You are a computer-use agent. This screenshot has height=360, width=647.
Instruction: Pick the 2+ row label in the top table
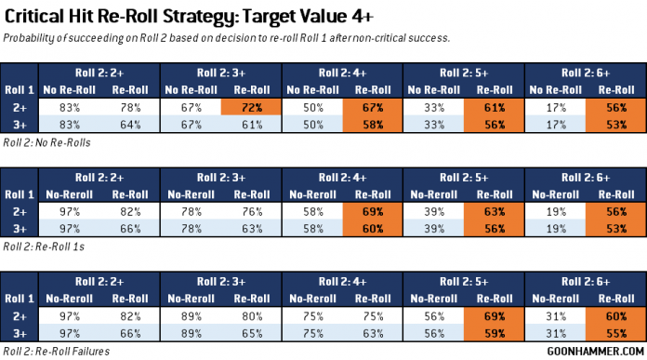[19, 107]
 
